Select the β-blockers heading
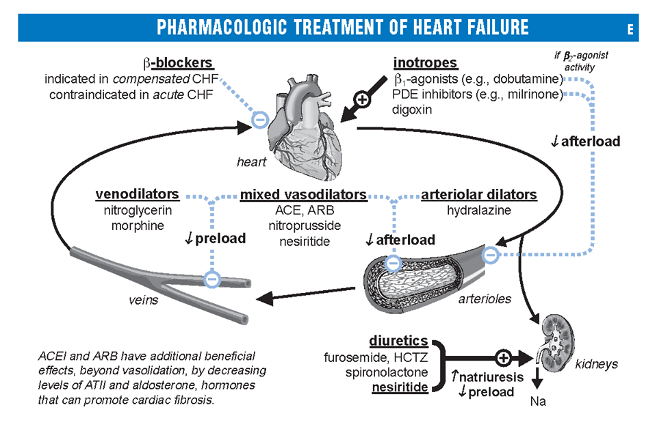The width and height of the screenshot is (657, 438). pos(179,64)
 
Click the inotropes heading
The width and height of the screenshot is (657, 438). pos(425,64)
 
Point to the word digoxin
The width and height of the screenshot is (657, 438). pos(413,109)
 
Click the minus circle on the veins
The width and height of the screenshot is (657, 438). pos(212,279)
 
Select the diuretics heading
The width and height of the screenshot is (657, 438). pos(398,340)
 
